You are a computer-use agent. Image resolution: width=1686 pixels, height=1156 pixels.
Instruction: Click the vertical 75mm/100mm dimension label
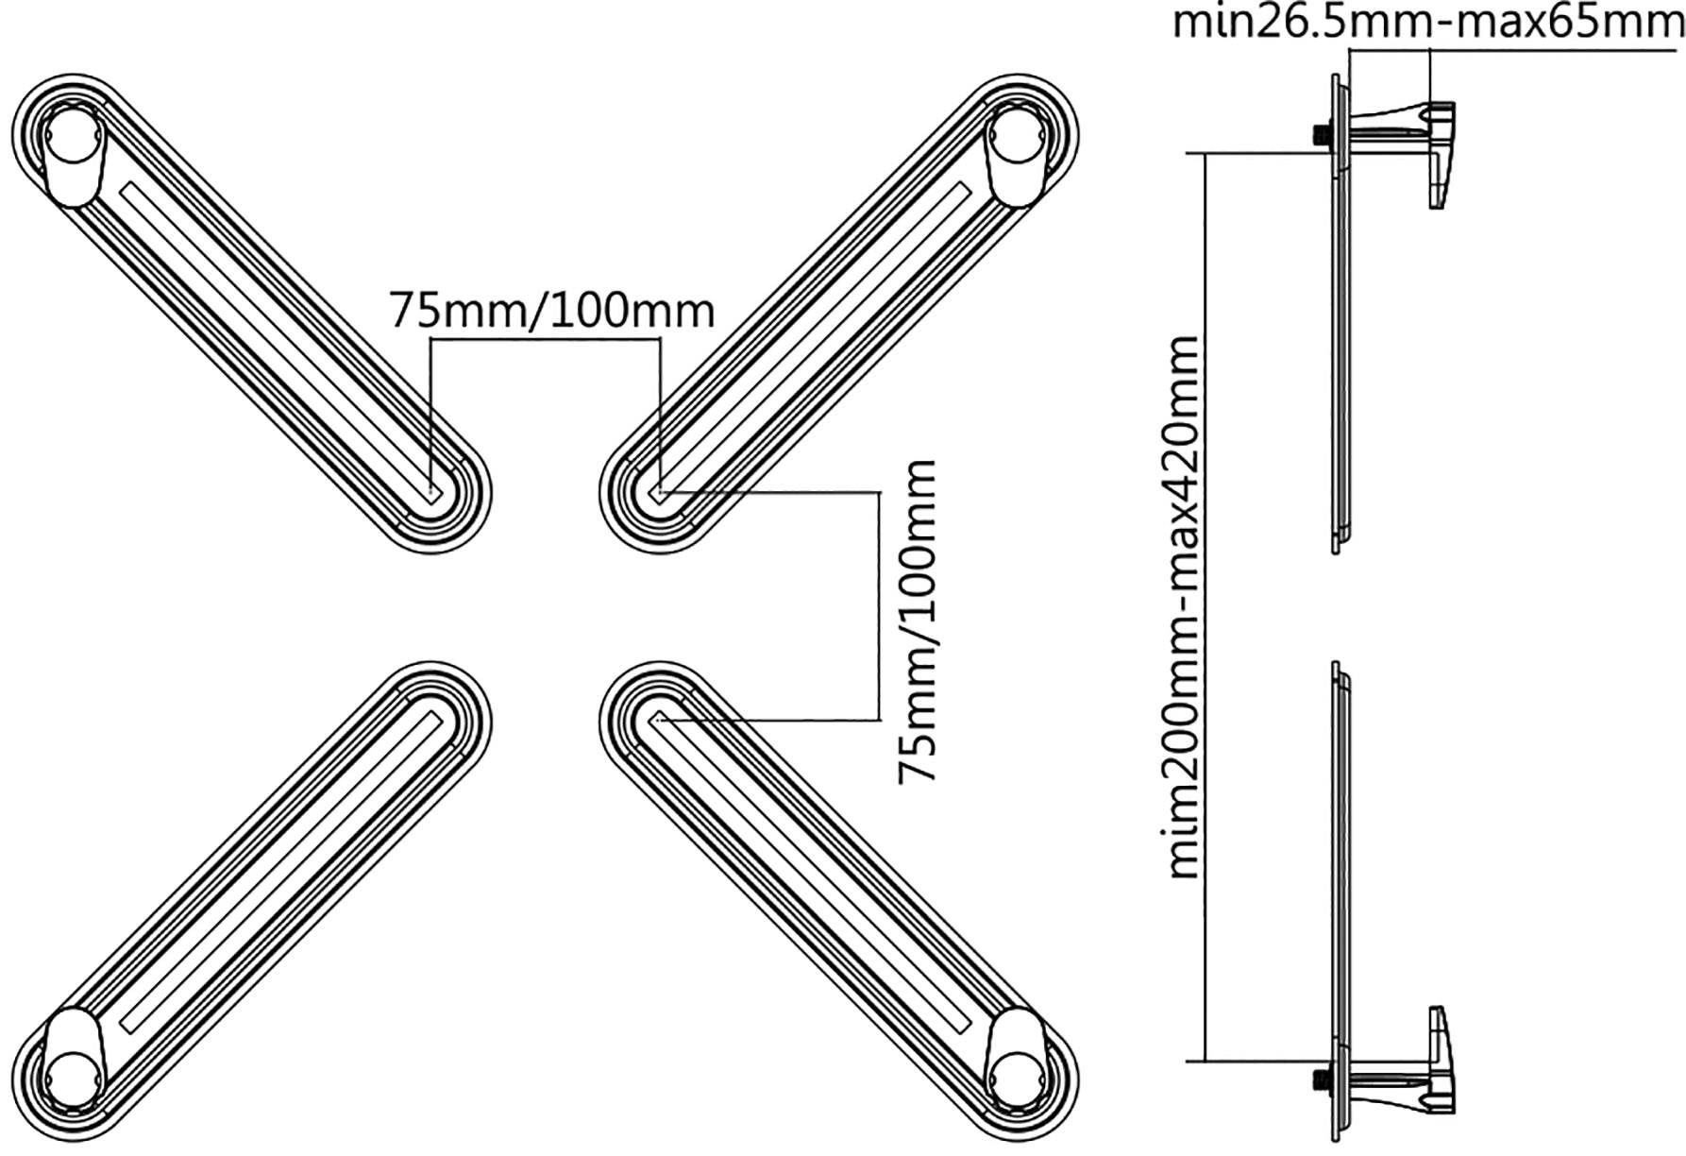(918, 620)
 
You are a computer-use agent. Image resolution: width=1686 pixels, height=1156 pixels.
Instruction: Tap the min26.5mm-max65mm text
(1427, 21)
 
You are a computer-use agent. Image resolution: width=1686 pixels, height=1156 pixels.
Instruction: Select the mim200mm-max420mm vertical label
(1184, 606)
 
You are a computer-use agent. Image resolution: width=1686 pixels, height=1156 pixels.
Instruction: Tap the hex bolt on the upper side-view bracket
(1321, 135)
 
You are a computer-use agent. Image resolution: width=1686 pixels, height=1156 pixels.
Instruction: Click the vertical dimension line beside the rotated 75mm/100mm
(879, 604)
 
